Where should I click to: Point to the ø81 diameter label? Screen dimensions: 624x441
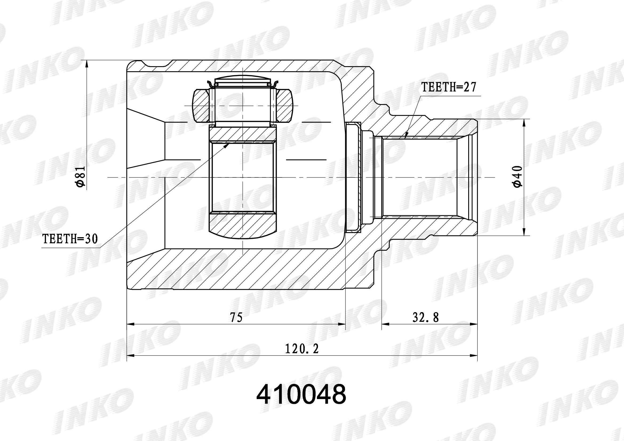pos(81,177)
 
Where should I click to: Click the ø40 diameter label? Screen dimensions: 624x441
pos(518,177)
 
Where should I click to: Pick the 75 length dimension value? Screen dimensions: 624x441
pos(236,317)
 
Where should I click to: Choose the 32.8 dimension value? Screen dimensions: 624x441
pos(426,317)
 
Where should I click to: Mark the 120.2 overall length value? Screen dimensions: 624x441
pos(302,349)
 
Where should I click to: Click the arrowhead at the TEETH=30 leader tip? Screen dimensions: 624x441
pos(226,145)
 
